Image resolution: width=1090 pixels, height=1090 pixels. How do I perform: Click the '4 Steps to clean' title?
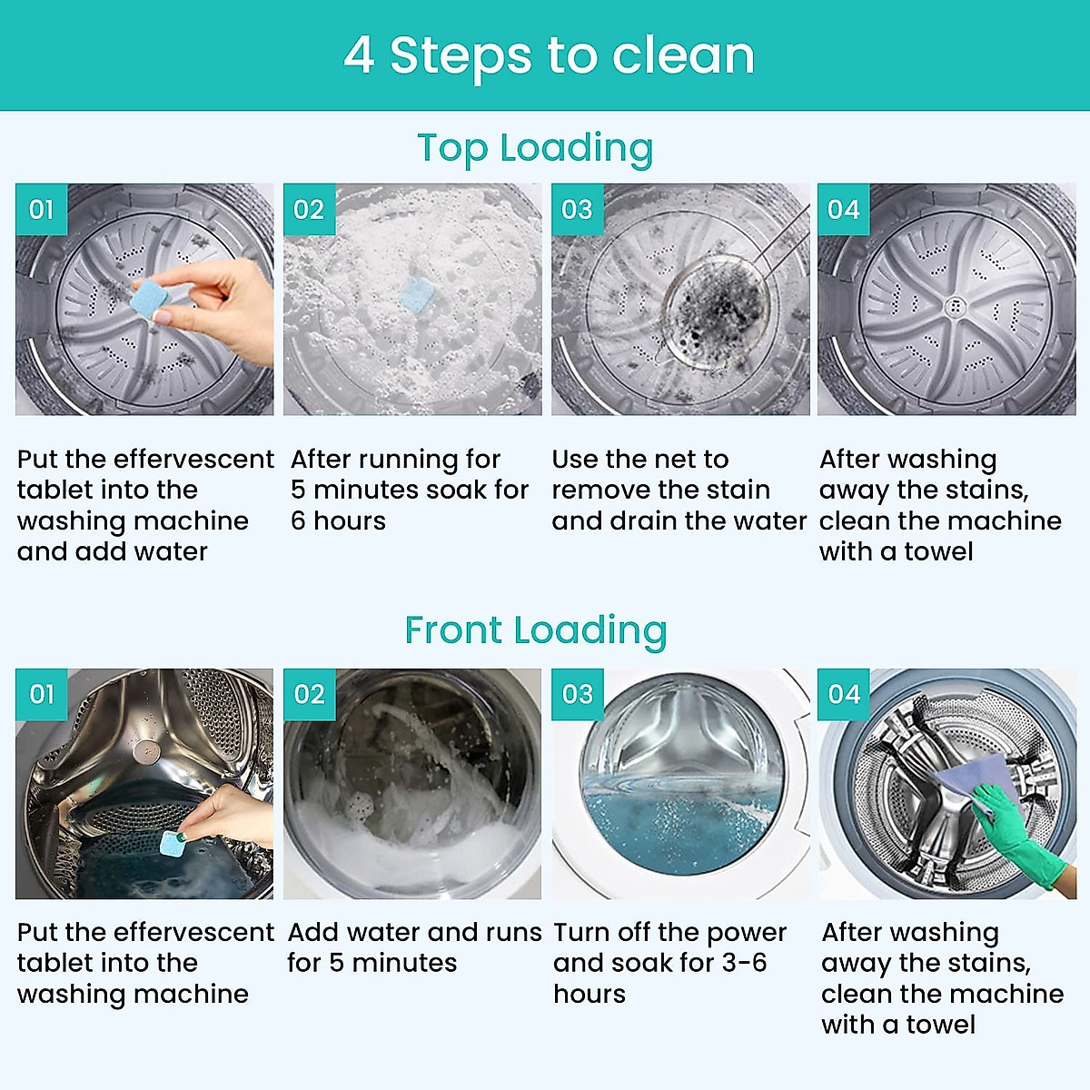549,56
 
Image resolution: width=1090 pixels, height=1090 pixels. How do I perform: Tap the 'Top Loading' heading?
535,149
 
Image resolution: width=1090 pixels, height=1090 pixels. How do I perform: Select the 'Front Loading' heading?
535,630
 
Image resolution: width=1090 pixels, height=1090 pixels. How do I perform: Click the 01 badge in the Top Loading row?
41,210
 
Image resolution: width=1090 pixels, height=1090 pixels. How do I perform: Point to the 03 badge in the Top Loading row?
577,210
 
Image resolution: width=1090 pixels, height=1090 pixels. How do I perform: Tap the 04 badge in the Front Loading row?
844,695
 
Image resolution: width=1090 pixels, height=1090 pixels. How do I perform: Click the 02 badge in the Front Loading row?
309,695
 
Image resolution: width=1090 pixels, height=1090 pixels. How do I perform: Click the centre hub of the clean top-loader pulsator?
954,306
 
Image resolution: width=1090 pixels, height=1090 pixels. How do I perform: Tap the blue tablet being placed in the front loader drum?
172,843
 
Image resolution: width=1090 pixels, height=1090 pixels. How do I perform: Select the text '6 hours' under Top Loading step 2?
338,521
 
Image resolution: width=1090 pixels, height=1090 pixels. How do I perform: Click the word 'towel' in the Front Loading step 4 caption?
939,1025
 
